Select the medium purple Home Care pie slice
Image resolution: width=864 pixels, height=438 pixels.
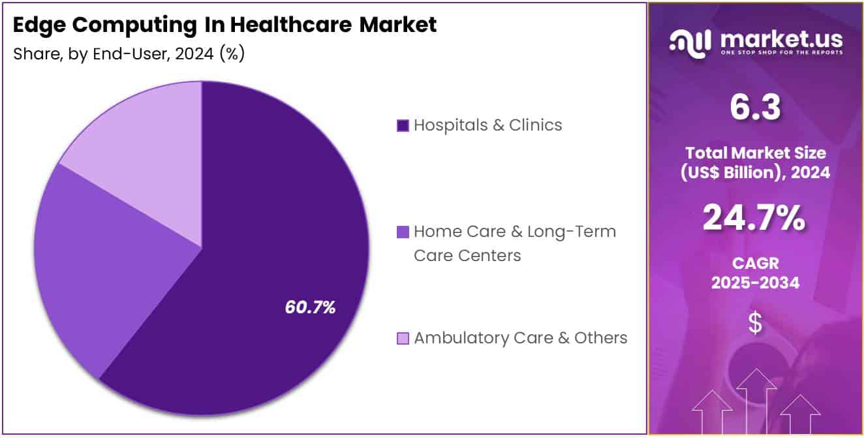click(98, 261)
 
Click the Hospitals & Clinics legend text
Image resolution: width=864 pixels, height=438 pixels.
click(487, 125)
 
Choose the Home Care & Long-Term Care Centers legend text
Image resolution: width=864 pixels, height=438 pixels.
click(514, 243)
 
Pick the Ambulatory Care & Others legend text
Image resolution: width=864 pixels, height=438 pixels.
click(520, 337)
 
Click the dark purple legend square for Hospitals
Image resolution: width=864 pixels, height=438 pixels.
click(403, 125)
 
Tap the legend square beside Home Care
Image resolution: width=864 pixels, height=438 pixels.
click(403, 232)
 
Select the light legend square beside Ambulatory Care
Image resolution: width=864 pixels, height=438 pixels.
click(403, 338)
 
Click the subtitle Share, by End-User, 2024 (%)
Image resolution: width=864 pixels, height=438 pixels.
click(129, 54)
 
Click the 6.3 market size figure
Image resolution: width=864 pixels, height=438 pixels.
click(756, 108)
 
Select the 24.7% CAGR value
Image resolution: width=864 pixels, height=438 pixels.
click(754, 218)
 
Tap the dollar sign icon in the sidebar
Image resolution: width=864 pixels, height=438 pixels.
click(755, 323)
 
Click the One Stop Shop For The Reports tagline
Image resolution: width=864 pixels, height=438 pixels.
click(781, 52)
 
